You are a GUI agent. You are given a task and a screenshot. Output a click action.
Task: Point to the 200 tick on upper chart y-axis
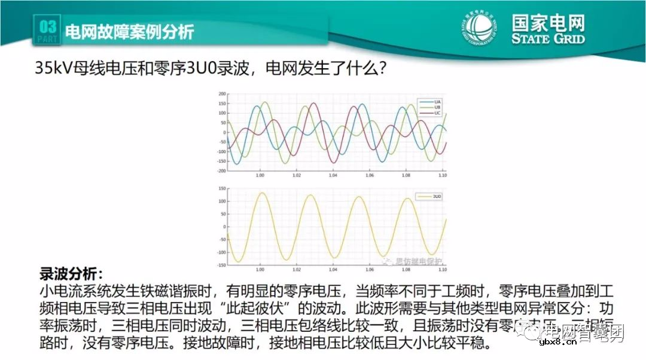(222, 94)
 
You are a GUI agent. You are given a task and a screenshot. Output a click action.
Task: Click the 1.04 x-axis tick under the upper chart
(333, 176)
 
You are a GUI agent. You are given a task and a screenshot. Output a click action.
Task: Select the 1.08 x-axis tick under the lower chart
(407, 269)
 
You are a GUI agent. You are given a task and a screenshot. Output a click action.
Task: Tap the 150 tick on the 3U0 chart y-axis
(222, 188)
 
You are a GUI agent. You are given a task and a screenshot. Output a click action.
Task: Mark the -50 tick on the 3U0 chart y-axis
(221, 239)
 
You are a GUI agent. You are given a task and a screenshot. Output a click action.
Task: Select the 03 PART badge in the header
(47, 30)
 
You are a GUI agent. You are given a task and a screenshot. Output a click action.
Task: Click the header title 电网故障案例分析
(128, 31)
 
